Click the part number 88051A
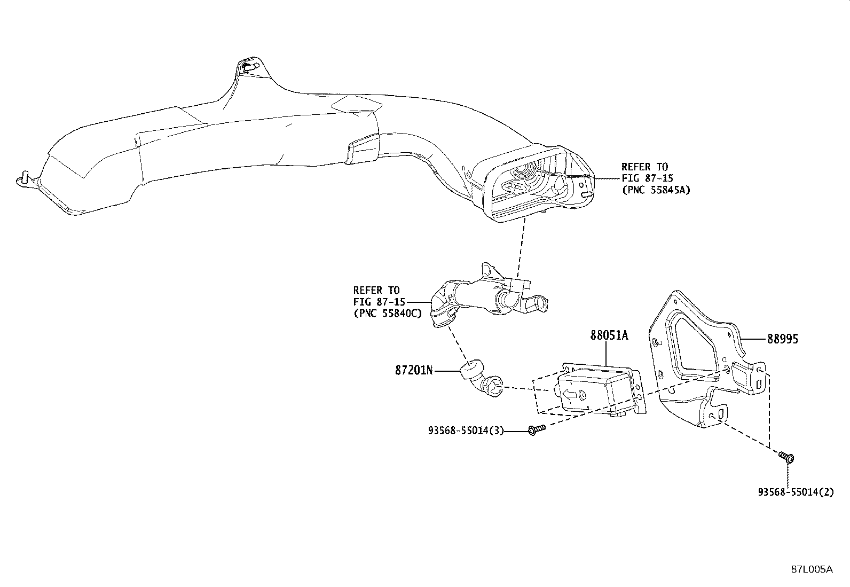pos(609,335)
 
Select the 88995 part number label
pos(782,339)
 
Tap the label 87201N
pos(414,370)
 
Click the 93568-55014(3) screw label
pos(466,430)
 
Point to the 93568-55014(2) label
pos(796,492)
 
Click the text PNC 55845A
pos(656,190)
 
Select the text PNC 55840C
pos(388,314)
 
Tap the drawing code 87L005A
pos(812,569)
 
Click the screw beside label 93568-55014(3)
pos(537,429)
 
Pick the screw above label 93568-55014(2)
pos(786,457)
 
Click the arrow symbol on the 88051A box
pos(570,395)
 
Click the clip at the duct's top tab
pos(251,67)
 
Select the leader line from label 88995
pos(753,339)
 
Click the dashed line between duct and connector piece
pos(521,247)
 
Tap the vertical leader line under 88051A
pos(606,354)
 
